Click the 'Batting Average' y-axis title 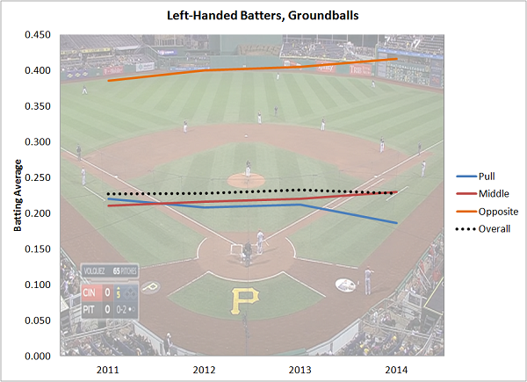17,195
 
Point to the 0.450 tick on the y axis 36,35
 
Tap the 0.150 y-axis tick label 36,249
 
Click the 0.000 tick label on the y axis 36,356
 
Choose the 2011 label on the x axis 108,369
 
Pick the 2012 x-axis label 204,369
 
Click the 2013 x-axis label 300,369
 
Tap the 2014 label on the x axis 395,369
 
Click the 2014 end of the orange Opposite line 396,59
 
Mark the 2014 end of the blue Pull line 396,223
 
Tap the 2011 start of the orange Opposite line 108,81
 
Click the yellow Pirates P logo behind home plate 242,301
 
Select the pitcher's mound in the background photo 245,179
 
